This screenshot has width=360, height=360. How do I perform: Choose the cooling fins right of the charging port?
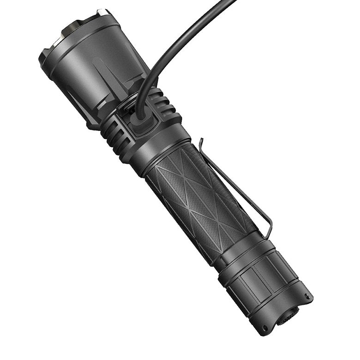(x=164, y=104)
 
